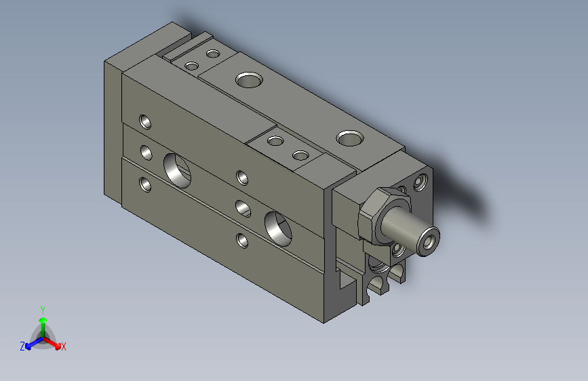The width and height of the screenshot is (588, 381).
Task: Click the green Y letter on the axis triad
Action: coord(43,310)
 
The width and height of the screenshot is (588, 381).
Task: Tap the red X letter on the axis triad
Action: coord(63,346)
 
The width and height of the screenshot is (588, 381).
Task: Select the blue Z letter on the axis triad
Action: coord(22,346)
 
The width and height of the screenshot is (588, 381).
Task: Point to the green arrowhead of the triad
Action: coord(43,321)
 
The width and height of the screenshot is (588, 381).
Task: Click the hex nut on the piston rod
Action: coord(383,216)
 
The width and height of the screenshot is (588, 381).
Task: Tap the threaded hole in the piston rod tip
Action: coord(429,241)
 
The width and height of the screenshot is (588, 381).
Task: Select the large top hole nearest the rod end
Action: coord(350,138)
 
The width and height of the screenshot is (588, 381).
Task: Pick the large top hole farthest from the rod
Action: coord(249,80)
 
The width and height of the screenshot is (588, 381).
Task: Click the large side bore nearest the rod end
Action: coord(278,228)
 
